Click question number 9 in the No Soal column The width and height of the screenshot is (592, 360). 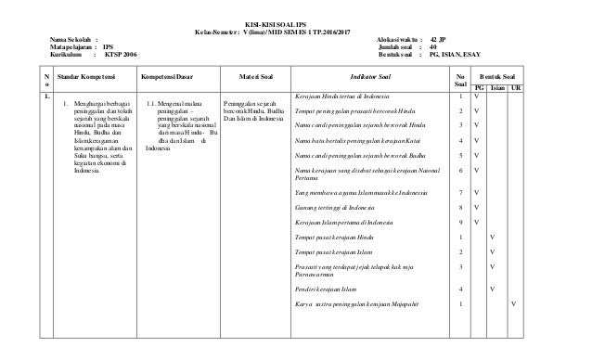tap(461, 222)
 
